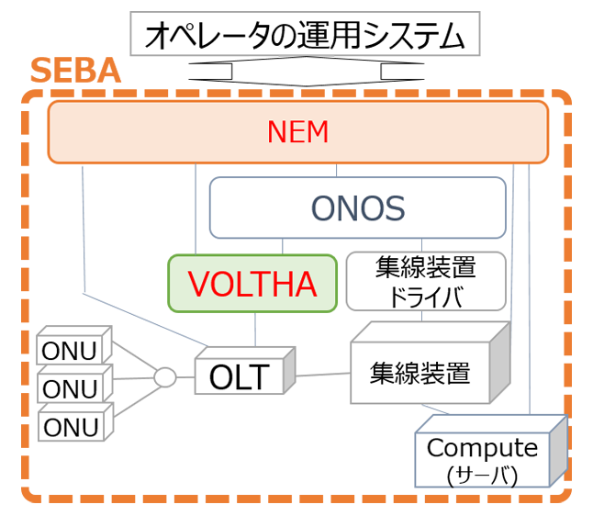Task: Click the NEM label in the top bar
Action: (x=297, y=133)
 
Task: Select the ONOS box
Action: (x=358, y=208)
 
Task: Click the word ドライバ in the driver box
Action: (x=426, y=296)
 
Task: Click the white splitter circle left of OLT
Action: (x=164, y=376)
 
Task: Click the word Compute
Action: (x=482, y=449)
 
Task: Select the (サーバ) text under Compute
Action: (x=482, y=476)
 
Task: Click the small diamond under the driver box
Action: (x=421, y=315)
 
